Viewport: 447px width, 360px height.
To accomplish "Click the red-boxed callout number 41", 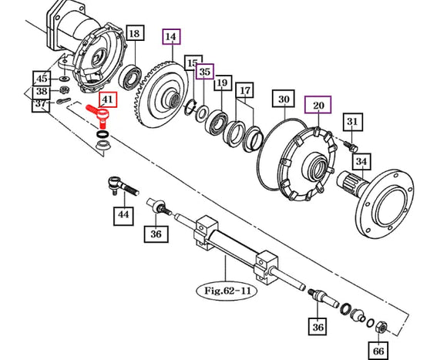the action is click(108, 99).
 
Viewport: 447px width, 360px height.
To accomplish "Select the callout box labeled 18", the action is click(134, 33).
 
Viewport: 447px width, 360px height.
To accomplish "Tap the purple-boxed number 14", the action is click(171, 36).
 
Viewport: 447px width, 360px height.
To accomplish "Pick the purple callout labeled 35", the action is click(205, 71).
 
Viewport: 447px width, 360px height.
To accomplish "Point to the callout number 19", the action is click(223, 82).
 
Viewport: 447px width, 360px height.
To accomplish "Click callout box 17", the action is click(244, 90).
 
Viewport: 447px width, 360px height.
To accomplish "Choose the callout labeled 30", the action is click(284, 99).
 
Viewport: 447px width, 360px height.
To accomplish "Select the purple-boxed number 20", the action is click(318, 105).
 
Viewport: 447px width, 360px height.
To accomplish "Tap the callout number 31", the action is click(353, 122).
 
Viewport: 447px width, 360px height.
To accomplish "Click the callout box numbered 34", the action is click(361, 161).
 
